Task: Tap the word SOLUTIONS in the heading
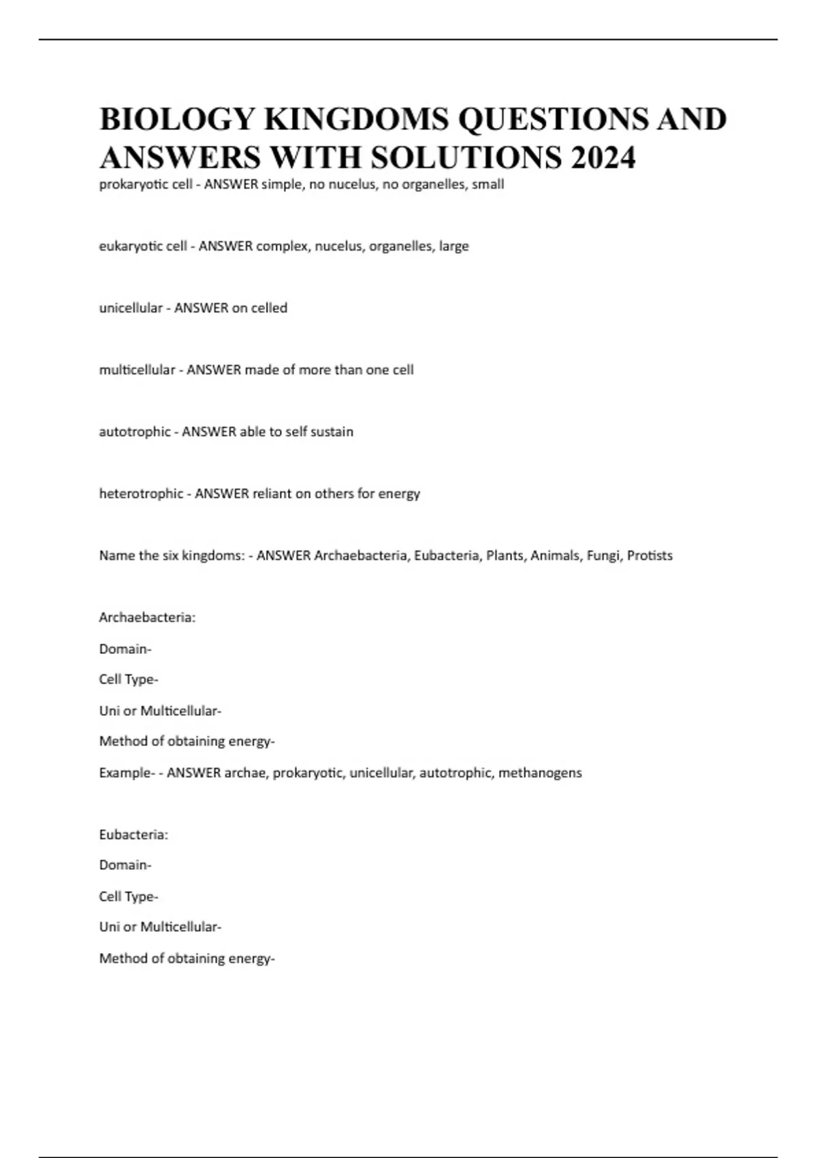point(466,157)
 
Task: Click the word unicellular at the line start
point(131,308)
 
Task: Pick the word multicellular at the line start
point(137,370)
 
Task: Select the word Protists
point(650,556)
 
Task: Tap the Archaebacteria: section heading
point(147,618)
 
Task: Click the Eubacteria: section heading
point(133,834)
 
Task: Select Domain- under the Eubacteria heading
point(125,865)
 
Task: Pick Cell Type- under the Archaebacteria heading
point(129,680)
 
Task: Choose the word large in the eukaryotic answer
point(453,246)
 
